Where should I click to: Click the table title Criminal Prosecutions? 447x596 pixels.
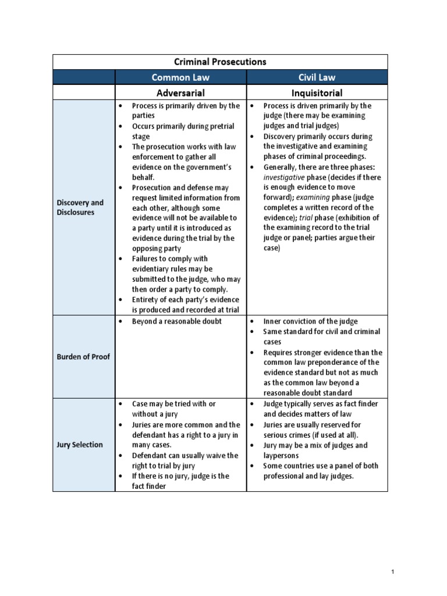(x=220, y=62)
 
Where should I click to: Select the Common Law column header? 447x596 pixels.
(x=180, y=77)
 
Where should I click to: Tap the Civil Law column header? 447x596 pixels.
(x=317, y=77)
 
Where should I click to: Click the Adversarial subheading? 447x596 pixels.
(x=180, y=93)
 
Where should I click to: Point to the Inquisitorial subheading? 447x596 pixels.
(x=317, y=93)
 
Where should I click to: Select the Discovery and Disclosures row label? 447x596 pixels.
(x=80, y=207)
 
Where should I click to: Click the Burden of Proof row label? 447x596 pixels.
(x=83, y=357)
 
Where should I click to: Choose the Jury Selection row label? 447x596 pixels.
(x=80, y=445)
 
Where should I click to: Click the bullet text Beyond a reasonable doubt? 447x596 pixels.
(x=177, y=321)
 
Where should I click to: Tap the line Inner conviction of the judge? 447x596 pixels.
(x=310, y=321)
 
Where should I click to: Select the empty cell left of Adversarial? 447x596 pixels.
(x=84, y=93)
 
